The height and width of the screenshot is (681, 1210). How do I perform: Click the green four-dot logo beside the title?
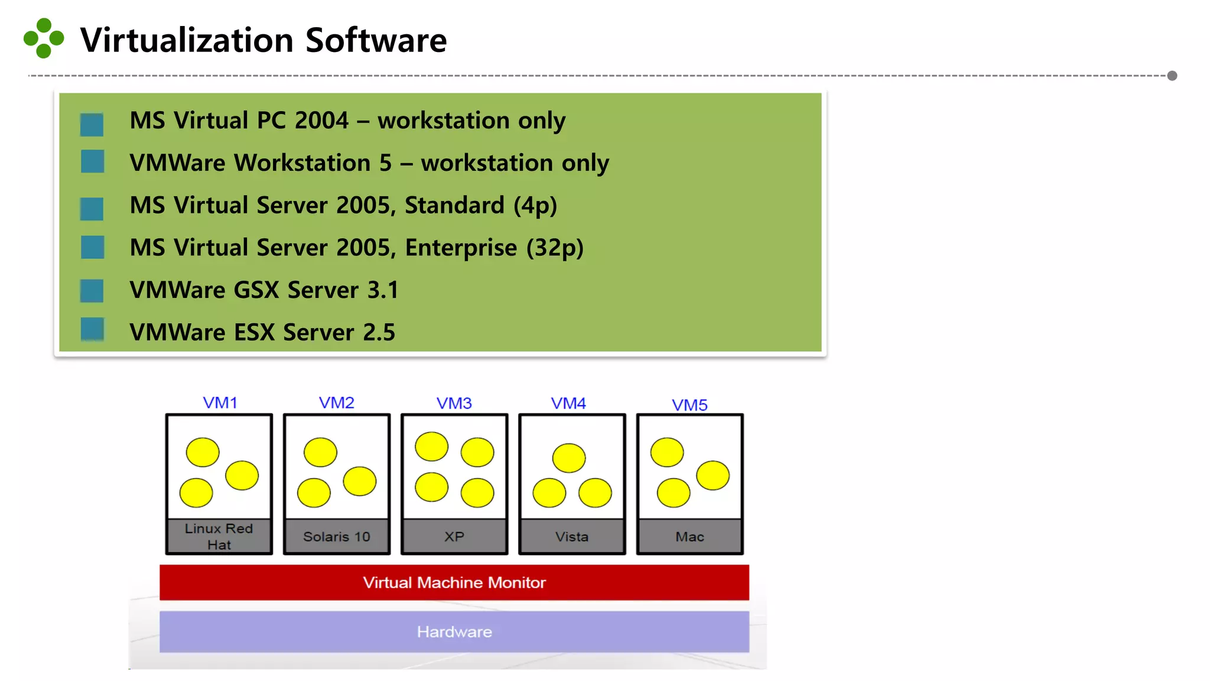44,38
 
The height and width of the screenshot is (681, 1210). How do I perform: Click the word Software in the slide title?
376,40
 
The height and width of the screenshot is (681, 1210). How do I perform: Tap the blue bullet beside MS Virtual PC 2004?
92,124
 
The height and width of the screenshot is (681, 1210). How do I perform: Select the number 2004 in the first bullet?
321,121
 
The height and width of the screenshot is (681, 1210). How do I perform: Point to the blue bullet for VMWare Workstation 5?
92,161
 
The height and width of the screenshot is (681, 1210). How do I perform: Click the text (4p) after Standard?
535,206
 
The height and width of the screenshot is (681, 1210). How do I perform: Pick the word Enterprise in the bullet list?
461,248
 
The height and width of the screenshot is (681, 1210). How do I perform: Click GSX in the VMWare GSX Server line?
256,290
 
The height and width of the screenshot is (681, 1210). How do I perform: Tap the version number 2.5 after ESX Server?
379,332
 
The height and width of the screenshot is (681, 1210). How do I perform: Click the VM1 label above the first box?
220,403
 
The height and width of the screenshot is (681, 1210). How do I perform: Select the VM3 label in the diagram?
454,403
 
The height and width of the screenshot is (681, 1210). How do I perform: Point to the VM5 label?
689,405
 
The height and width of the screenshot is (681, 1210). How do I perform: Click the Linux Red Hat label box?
219,536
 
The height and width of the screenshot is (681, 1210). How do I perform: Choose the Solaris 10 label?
337,536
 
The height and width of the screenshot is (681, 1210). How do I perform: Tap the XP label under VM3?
454,536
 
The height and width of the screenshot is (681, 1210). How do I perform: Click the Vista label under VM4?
572,536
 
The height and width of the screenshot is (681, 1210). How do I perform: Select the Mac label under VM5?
689,536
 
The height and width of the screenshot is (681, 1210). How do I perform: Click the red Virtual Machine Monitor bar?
454,582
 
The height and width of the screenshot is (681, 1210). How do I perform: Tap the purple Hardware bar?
454,631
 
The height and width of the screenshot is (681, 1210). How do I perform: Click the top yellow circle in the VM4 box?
569,458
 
